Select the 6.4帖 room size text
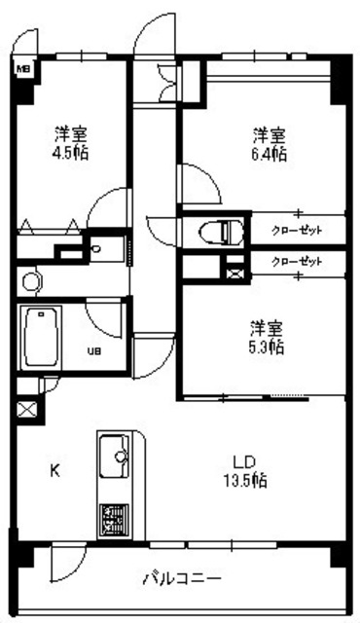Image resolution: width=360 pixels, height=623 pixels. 270,154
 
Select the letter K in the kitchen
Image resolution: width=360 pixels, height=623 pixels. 55,471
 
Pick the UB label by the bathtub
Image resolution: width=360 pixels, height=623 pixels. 95,351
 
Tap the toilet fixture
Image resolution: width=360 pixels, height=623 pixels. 219,232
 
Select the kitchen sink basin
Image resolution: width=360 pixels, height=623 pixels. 116,454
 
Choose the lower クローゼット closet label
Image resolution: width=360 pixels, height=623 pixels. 297,261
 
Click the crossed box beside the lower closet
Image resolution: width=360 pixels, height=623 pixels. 234,268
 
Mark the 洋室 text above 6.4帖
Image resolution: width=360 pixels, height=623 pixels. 270,134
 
